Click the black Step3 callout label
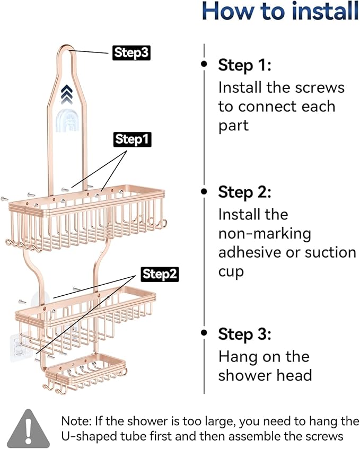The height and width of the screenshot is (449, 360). pos(130,53)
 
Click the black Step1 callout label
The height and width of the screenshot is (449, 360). pos(133,139)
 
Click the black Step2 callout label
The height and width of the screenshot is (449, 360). pos(160,274)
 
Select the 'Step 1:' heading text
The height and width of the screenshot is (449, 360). pos(244,65)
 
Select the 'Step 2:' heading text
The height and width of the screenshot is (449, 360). pos(244,192)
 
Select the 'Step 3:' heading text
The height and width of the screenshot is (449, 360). pos(244,334)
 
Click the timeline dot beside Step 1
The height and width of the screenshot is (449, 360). pos(204,64)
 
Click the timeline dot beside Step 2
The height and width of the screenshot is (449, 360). pos(204,191)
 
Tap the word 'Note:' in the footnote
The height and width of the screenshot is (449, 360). pos(77,421)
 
